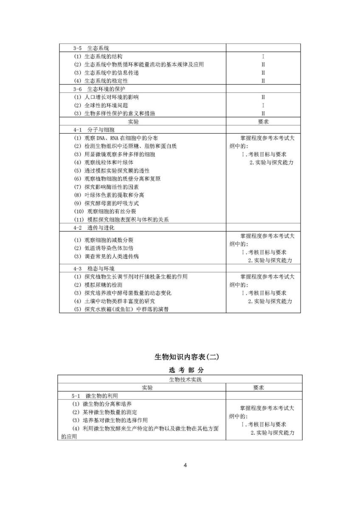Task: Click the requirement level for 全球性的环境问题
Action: pyautogui.click(x=263, y=105)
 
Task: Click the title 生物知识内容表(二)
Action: pyautogui.click(x=180, y=357)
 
